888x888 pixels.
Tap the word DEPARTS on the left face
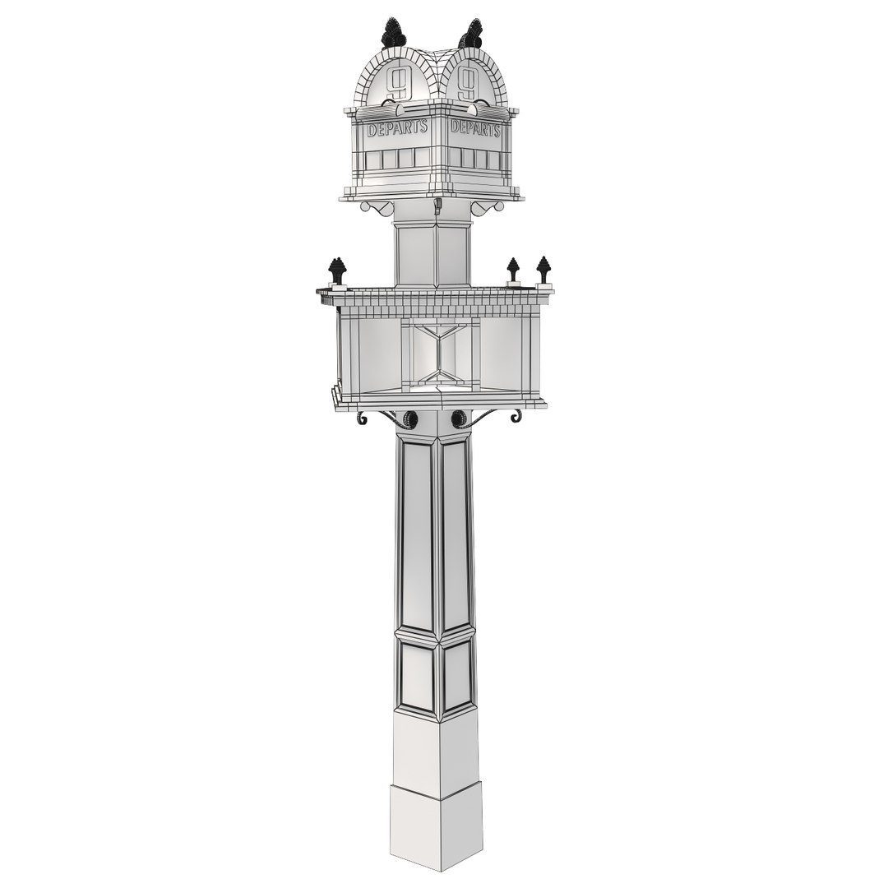[x=397, y=129]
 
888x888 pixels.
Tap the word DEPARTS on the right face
[x=474, y=129]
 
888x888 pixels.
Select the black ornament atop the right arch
[x=472, y=34]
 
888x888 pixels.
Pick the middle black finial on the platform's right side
[x=513, y=269]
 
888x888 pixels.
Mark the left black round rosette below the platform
[x=409, y=419]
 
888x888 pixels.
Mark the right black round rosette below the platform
[x=459, y=419]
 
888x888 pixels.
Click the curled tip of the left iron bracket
[x=361, y=419]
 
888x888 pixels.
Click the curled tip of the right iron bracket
[x=516, y=417]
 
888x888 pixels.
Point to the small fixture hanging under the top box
[x=437, y=206]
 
